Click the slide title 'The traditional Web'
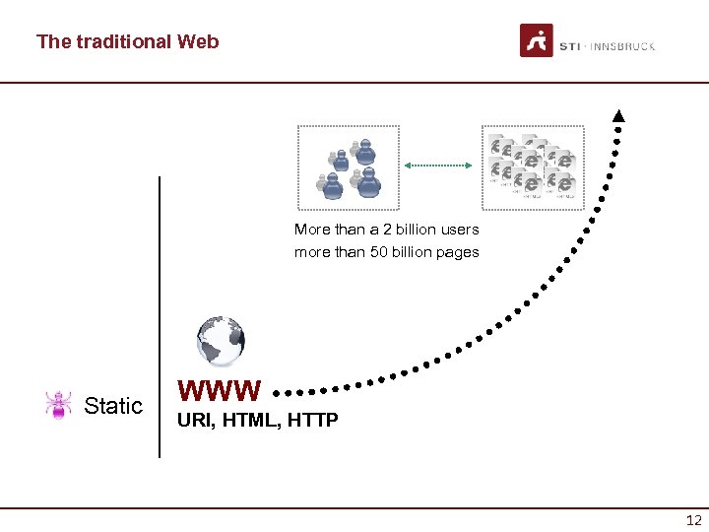127,42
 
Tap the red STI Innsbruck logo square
536,41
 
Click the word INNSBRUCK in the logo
622,46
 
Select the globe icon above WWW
220,341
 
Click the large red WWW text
220,391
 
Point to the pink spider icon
59,404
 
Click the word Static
113,406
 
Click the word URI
193,422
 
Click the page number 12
693,520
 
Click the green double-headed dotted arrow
440,166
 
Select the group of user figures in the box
350,166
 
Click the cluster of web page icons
532,166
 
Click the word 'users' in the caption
458,230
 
